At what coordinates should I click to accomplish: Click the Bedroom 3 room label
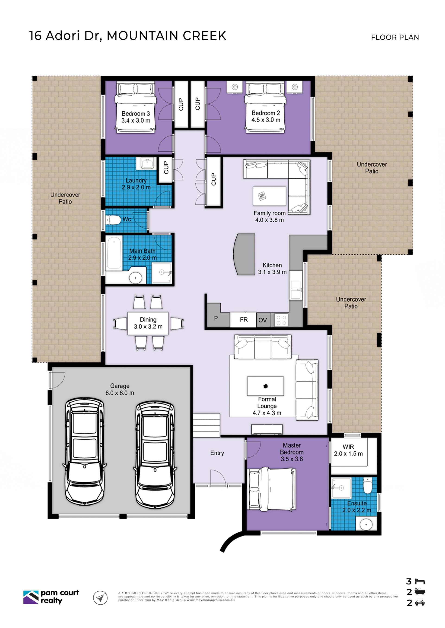136,114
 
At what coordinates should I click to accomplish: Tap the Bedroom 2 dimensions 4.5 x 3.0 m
266,120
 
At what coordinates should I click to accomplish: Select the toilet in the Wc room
113,220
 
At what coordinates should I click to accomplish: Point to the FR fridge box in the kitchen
243,320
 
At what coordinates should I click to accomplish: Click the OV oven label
263,320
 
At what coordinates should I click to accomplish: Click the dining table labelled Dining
148,323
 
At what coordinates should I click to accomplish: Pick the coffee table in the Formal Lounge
265,386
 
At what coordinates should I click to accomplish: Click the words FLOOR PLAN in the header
395,37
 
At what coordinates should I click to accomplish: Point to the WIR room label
348,447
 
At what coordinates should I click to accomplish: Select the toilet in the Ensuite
367,485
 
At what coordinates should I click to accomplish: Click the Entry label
217,453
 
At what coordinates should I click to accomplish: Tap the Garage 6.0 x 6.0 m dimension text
120,393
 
